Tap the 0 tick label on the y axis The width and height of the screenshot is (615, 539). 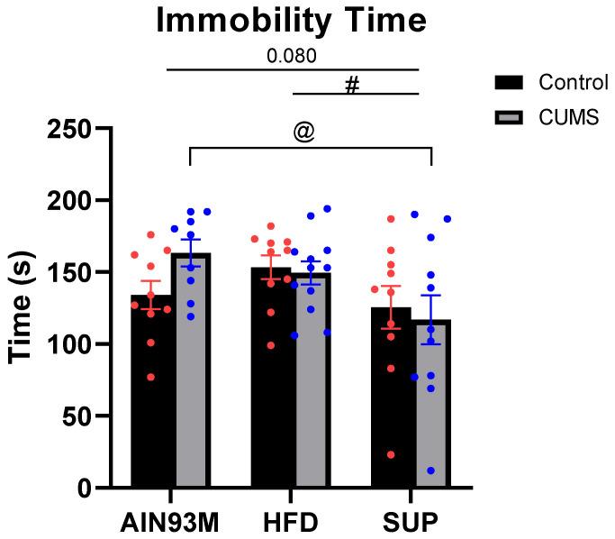point(83,489)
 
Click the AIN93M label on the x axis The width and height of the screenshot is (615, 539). point(171,524)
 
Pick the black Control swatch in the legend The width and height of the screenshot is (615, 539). point(510,83)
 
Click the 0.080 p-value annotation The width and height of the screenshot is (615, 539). point(291,56)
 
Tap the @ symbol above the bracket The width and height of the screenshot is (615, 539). point(303,132)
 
